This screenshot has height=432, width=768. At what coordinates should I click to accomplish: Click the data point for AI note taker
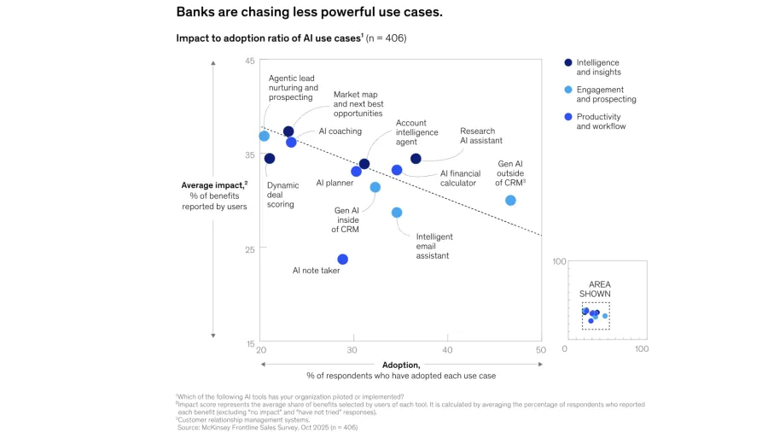click(343, 260)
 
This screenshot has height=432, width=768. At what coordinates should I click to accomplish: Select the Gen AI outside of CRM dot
click(510, 201)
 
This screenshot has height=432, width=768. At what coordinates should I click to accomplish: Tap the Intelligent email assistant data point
click(397, 213)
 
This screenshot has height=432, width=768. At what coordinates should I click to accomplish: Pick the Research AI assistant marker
click(416, 159)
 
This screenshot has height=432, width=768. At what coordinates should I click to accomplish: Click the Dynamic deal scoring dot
click(270, 159)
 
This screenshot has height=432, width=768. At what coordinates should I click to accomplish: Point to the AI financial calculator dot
click(397, 171)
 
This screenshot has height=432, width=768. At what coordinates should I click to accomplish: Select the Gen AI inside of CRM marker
click(375, 187)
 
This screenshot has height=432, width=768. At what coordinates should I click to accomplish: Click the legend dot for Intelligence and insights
click(568, 62)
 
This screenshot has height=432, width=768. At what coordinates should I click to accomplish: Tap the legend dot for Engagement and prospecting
click(568, 90)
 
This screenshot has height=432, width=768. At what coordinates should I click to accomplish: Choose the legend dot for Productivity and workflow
click(568, 117)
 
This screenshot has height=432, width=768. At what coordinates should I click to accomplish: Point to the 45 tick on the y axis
click(249, 61)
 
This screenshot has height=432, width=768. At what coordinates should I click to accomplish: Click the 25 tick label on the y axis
click(249, 249)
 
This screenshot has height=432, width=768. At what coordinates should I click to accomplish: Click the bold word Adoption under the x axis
click(401, 365)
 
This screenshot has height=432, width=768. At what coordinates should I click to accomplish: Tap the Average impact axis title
click(213, 185)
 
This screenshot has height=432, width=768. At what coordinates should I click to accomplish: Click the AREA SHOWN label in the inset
click(596, 289)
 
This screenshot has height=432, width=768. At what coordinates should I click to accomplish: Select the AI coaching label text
click(340, 131)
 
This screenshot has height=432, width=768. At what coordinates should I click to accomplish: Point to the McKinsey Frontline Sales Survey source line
click(267, 427)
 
